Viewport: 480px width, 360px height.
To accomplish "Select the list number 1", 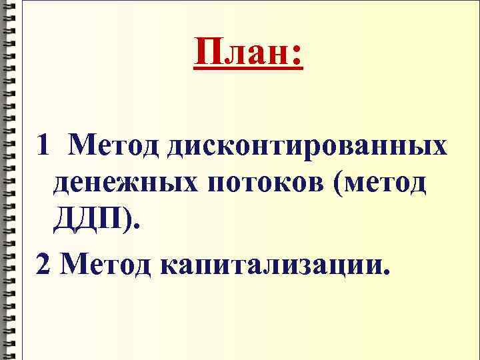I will pos(43,143).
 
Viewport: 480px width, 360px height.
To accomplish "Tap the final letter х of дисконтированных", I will pos(438,147).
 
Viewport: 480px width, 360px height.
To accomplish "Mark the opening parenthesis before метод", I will pos(344,182).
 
